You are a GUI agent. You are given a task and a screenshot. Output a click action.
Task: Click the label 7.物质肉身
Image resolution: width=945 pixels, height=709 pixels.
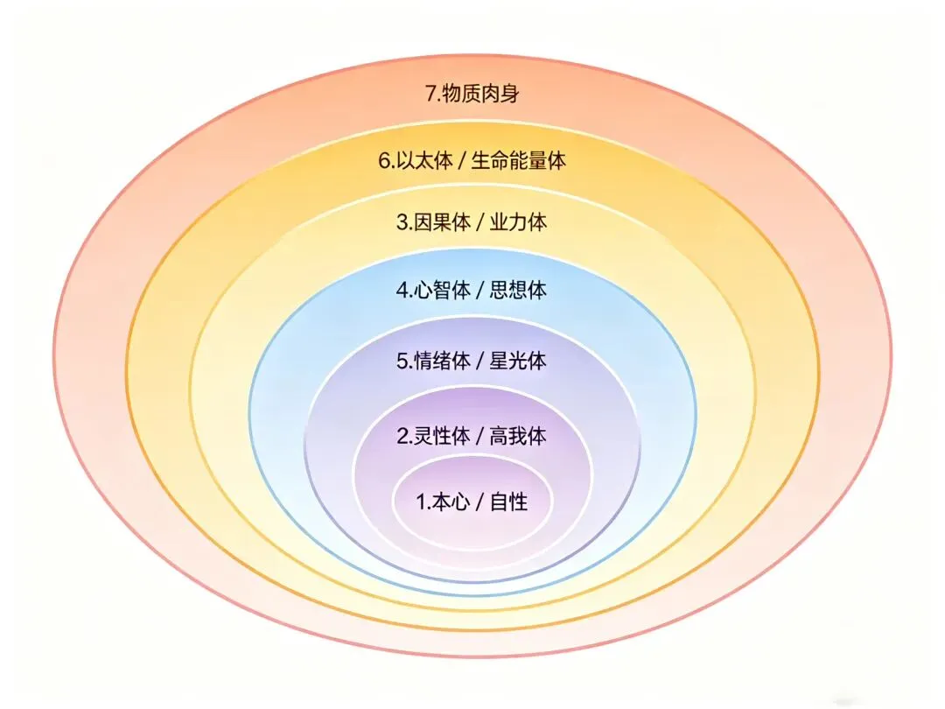click(x=472, y=94)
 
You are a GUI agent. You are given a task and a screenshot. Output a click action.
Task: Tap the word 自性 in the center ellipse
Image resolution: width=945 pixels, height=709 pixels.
click(x=508, y=502)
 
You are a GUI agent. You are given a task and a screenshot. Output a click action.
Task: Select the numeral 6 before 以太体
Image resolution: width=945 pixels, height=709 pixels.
click(x=383, y=161)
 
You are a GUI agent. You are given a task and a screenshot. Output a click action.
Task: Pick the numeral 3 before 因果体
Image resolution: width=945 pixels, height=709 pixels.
click(x=402, y=223)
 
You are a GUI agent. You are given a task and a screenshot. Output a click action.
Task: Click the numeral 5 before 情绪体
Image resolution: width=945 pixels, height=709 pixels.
click(x=402, y=361)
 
